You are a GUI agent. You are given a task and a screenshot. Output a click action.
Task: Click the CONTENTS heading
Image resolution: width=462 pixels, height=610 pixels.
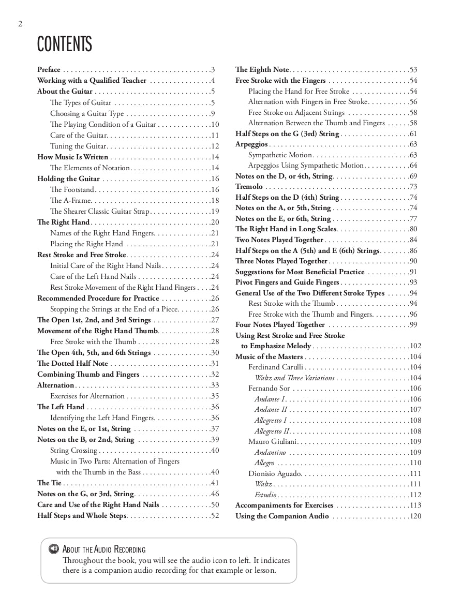click(x=64, y=44)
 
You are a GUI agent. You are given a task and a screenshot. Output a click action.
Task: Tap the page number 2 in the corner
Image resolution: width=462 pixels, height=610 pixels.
click(x=20, y=24)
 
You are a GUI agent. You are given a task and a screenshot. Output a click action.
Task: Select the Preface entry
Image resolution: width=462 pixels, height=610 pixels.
click(x=49, y=69)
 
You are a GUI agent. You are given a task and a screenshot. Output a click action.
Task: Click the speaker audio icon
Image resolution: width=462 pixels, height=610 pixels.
click(x=53, y=549)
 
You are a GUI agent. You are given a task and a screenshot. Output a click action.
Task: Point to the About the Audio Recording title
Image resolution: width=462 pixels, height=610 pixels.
click(x=104, y=549)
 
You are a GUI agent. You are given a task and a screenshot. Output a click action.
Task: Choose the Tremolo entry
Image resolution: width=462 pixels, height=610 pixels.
click(x=249, y=187)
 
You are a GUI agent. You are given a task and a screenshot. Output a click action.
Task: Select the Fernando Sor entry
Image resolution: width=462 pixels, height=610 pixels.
click(x=269, y=389)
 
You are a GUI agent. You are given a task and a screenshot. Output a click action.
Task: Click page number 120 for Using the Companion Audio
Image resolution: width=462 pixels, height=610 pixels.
click(x=415, y=516)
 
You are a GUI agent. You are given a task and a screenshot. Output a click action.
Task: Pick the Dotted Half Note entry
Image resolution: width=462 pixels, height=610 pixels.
click(x=72, y=364)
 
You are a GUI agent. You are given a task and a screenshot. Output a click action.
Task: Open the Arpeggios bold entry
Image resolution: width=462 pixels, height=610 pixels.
click(x=251, y=144)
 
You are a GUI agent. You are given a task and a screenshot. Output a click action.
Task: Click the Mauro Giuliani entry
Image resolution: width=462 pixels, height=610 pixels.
click(x=272, y=441)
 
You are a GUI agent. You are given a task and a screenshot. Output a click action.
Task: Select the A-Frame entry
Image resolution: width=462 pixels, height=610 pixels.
click(x=70, y=200)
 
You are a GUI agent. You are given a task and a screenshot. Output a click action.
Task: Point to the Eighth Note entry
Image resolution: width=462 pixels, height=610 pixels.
click(x=262, y=69)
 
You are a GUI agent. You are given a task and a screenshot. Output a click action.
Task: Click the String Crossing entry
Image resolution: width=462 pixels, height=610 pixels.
click(x=73, y=451)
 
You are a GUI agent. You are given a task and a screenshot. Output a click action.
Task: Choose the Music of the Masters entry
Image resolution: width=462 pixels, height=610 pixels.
click(x=269, y=356)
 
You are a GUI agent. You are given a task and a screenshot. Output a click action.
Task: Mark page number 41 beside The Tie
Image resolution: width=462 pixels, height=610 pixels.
click(x=215, y=483)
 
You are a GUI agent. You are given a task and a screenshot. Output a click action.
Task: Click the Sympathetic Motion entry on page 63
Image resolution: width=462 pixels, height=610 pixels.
click(x=280, y=155)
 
